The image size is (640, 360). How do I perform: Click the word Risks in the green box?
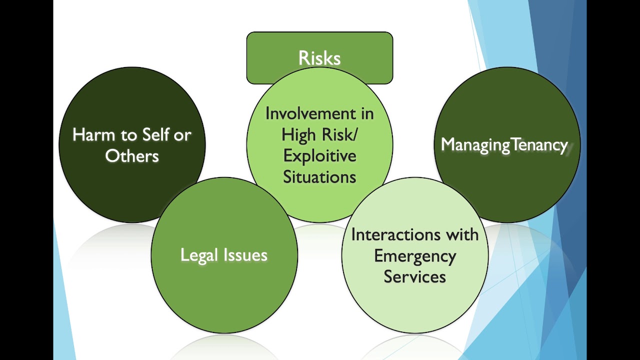pyautogui.click(x=319, y=58)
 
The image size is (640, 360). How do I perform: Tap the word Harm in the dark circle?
pyautogui.click(x=93, y=134)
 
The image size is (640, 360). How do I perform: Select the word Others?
pyautogui.click(x=131, y=156)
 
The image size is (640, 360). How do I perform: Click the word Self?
pyautogui.click(x=156, y=134)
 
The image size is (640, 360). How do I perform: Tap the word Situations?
pyautogui.click(x=319, y=177)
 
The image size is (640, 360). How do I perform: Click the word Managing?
pyautogui.click(x=475, y=145)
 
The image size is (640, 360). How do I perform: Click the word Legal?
pyautogui.click(x=199, y=255)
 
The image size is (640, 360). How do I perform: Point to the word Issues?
pyautogui.click(x=245, y=255)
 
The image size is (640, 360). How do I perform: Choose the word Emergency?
pyautogui.click(x=415, y=256)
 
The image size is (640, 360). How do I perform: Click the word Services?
pyautogui.click(x=414, y=276)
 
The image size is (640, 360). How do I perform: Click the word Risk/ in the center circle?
pyautogui.click(x=339, y=135)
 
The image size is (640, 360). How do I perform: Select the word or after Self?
pyautogui.click(x=182, y=135)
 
